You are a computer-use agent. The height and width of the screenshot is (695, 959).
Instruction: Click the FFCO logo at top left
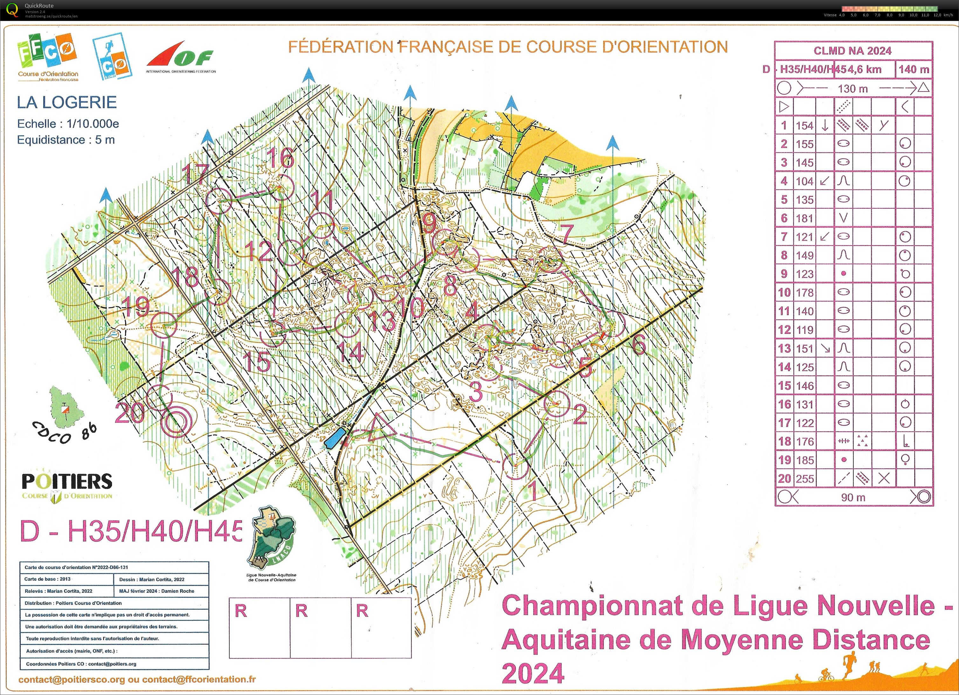(x=47, y=57)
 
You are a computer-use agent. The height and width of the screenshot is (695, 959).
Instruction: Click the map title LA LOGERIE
(x=66, y=103)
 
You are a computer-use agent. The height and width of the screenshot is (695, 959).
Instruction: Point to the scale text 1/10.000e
(x=93, y=124)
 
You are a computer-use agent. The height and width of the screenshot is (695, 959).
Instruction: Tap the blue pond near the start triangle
(x=335, y=437)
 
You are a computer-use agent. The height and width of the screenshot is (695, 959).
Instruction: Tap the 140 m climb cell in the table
(x=914, y=69)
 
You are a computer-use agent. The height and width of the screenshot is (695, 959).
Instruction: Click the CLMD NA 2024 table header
(x=852, y=51)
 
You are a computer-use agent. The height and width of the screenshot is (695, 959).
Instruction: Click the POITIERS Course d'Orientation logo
(x=67, y=486)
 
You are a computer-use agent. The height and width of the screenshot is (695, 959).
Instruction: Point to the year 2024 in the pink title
(x=533, y=673)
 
